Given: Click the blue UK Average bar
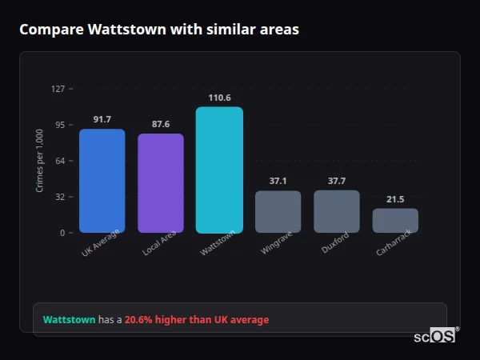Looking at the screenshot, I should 102,181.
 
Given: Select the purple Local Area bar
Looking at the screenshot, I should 160,183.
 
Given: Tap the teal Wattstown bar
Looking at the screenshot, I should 219,170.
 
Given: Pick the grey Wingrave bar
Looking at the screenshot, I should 278,212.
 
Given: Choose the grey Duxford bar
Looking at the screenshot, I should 336,211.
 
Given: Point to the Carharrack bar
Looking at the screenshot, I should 395,221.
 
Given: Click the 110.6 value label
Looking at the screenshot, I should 219,98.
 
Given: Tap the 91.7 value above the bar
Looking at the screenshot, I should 102,119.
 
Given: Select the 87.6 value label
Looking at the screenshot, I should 160,124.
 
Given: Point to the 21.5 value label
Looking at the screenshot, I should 395,199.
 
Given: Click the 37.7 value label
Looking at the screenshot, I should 336,181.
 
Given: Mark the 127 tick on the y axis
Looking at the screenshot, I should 58,89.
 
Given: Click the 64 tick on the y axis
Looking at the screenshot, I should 60,161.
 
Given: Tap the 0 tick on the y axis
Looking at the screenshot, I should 62,233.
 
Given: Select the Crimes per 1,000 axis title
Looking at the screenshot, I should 40,161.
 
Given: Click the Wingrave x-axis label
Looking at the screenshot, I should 277,244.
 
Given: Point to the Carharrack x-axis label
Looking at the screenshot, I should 394,245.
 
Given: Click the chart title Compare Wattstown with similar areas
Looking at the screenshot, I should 159,30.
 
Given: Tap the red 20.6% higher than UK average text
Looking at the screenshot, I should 197,320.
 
